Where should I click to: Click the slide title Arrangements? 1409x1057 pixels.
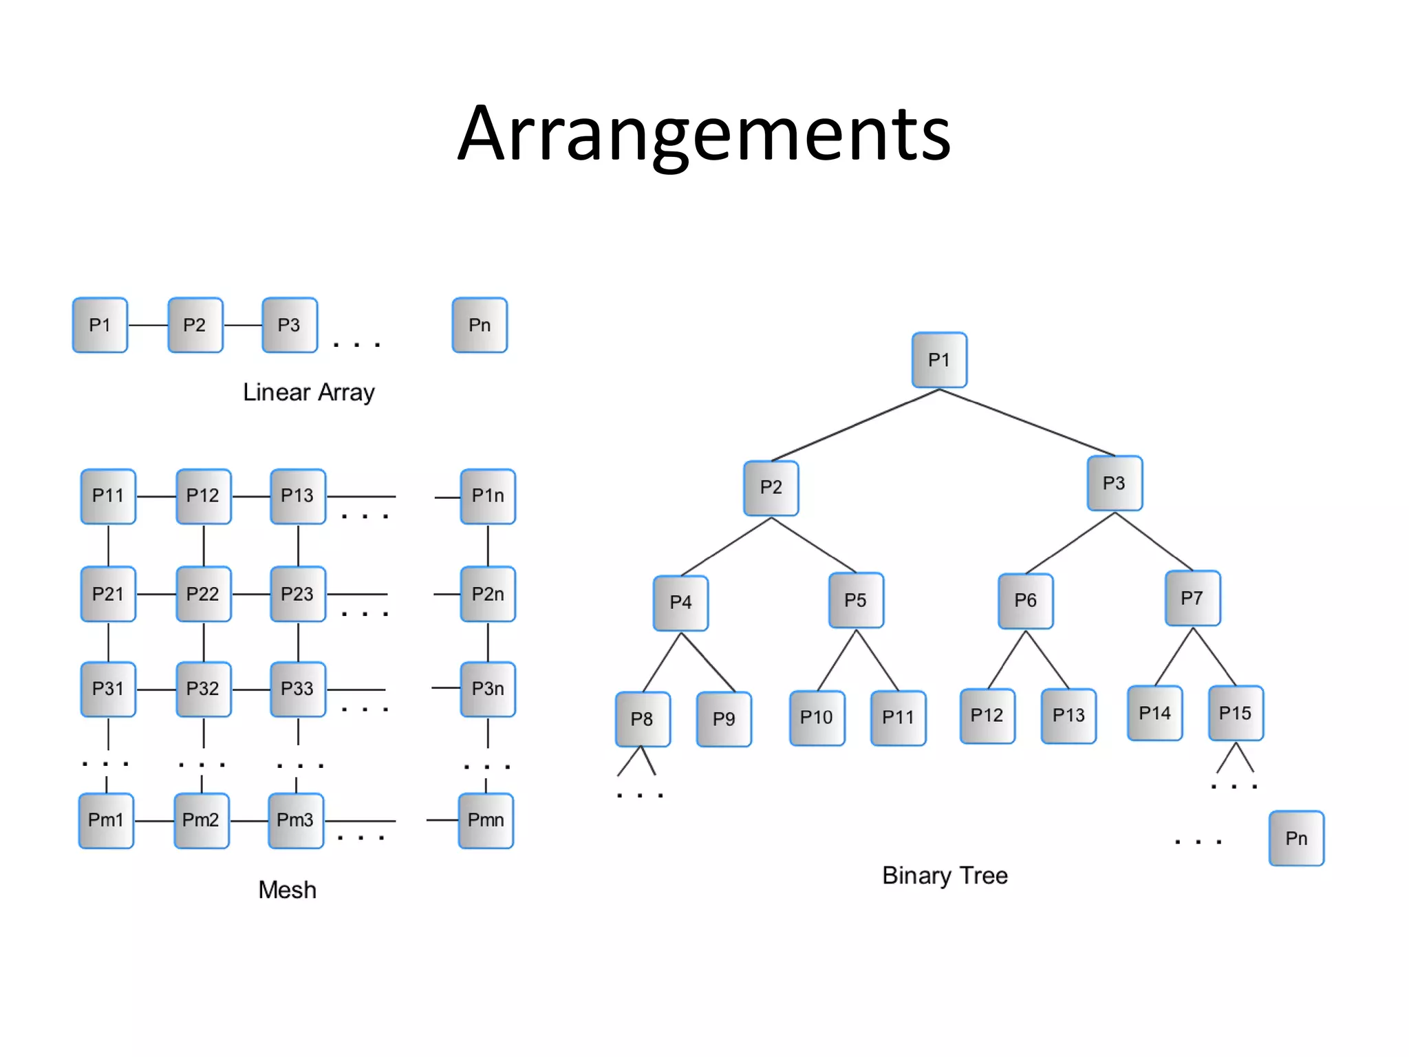704,134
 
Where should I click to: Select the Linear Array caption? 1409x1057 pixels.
308,392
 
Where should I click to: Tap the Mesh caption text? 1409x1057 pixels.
287,890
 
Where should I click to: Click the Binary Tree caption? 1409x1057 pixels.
945,875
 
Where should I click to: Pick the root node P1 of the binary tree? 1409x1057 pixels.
939,360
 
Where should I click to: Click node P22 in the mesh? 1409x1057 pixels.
203,594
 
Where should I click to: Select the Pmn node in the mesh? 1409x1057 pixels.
486,820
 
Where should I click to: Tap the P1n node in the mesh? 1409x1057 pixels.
488,496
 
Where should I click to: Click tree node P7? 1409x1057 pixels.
1192,598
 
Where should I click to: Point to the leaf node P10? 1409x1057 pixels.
817,718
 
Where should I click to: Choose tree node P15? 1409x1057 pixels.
1236,713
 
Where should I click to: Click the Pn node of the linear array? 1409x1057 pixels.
480,325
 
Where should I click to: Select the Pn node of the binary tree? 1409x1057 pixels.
1296,838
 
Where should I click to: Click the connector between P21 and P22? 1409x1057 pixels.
155,594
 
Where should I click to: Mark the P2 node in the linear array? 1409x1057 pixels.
195,325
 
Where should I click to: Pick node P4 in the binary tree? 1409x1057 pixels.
680,603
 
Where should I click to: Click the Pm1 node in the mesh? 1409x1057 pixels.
106,820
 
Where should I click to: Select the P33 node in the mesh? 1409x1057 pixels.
297,689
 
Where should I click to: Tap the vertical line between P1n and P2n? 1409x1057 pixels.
488,545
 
